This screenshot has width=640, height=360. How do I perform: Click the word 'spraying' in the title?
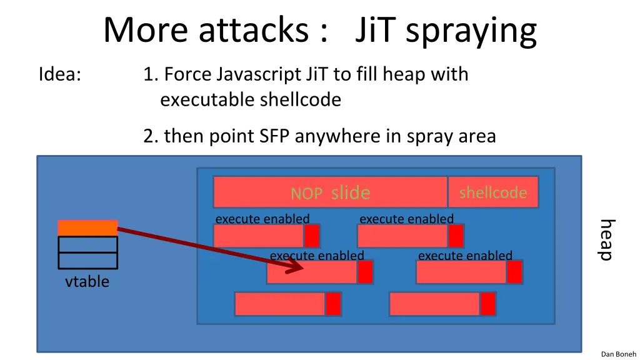(x=471, y=31)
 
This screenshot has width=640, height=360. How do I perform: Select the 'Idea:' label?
(x=59, y=74)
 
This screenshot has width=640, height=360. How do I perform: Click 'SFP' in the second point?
(x=276, y=136)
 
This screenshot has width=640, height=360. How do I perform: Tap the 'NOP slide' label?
(x=330, y=193)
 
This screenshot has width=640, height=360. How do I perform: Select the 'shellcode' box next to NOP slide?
(x=492, y=192)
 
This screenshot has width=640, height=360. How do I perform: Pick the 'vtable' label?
(x=87, y=282)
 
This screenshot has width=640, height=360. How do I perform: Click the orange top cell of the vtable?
(x=87, y=227)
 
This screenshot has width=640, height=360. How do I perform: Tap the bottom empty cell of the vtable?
(x=87, y=261)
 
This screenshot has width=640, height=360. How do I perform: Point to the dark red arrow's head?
(x=299, y=268)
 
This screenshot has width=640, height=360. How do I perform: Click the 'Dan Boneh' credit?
(x=618, y=354)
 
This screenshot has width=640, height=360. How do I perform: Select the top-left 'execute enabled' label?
(x=262, y=219)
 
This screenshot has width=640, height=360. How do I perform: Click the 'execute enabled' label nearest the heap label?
(x=465, y=256)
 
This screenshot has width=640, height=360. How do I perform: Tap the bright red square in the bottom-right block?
(x=488, y=304)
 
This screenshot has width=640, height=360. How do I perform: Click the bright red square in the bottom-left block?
(x=333, y=304)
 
